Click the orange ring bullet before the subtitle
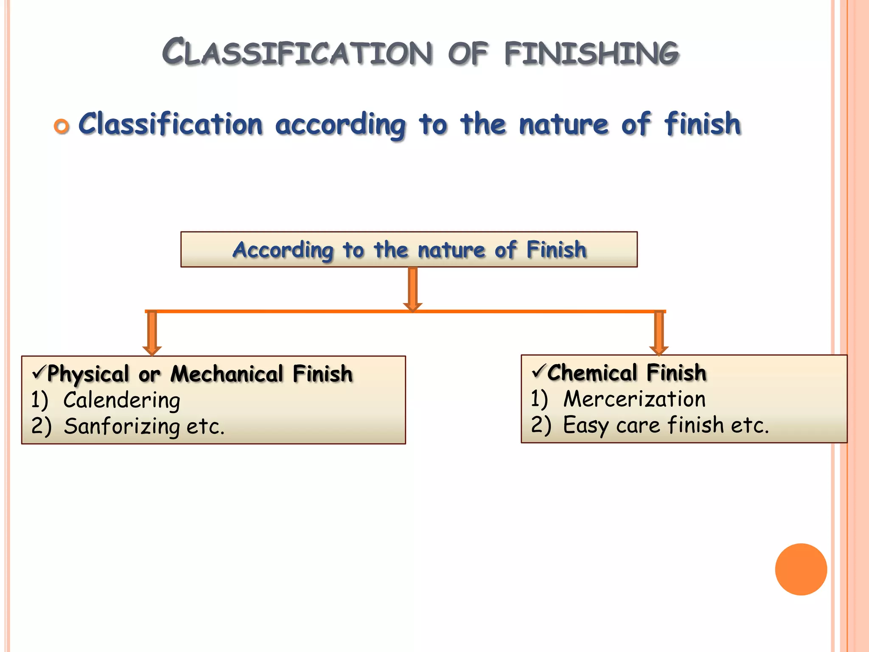(62, 126)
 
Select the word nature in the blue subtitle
(564, 124)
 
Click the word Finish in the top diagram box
(556, 249)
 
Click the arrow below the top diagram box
(412, 289)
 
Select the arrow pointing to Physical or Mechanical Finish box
(152, 333)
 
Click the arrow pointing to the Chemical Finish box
(659, 333)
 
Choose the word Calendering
(122, 400)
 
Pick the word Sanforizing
(122, 426)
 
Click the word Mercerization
(634, 399)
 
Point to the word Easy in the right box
(586, 425)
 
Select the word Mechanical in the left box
(227, 374)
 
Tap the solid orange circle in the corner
(801, 569)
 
